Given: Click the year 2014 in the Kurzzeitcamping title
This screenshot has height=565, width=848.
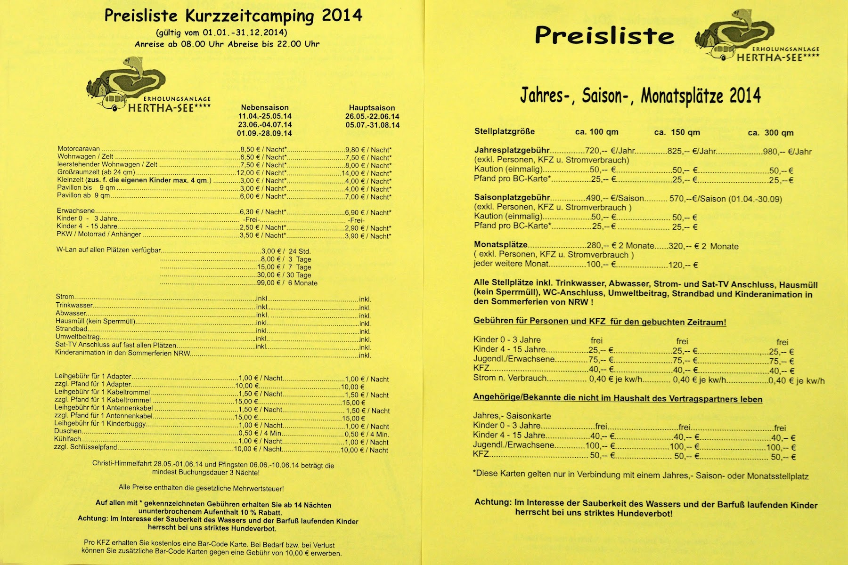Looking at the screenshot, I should click(342, 16).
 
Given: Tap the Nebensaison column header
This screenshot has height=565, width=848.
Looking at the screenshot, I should click(265, 108).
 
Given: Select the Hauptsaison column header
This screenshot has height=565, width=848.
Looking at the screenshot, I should click(372, 108).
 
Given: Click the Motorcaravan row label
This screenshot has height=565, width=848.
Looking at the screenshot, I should click(79, 149).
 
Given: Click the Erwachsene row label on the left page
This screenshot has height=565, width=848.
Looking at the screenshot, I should click(76, 211).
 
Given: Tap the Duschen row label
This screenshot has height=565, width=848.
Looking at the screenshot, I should click(68, 431).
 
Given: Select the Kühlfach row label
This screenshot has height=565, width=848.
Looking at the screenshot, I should click(68, 439).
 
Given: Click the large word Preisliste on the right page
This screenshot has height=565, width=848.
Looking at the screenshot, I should click(604, 35).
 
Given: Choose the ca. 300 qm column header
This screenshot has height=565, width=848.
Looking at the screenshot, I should click(770, 133).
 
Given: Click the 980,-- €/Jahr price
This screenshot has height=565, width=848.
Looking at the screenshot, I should click(787, 152).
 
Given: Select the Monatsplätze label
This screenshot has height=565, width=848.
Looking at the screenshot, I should click(501, 245).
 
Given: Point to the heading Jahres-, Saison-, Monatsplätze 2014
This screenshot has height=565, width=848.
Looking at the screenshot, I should click(640, 96).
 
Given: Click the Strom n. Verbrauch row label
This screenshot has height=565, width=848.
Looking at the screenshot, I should click(510, 378).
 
